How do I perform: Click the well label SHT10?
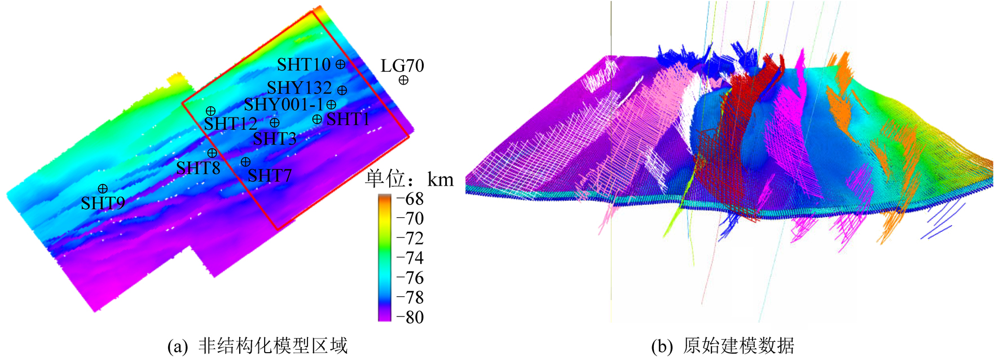point(304,65)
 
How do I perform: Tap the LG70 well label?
point(402,66)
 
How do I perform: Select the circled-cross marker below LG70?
point(403,81)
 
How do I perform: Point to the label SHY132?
point(300,88)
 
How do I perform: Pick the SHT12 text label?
point(231,124)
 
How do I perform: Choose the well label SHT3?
point(274,139)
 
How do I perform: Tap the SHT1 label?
point(348,120)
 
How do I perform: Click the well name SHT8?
point(198,168)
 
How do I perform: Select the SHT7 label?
point(270,176)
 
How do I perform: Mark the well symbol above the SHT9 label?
point(103,188)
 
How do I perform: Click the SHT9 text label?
point(103,203)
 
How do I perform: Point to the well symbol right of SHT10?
point(341,64)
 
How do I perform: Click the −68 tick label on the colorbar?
point(410,199)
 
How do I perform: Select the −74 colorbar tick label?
point(410,258)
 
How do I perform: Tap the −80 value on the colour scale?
point(410,317)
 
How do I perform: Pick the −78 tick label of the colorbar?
point(410,297)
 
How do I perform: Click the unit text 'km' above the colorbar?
point(440,180)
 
